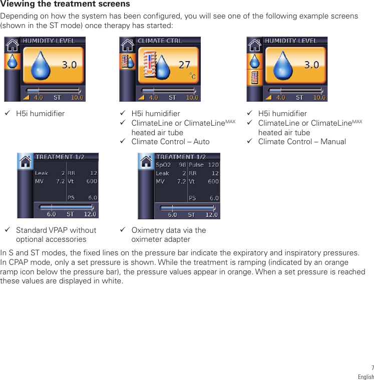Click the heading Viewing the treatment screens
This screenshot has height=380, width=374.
(x=65, y=5)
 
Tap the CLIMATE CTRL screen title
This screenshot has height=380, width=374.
(x=160, y=41)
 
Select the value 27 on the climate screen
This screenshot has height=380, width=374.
(x=184, y=65)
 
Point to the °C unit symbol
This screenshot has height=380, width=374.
(x=192, y=76)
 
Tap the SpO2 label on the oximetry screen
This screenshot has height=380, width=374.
(x=163, y=165)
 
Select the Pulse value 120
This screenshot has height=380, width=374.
(x=213, y=165)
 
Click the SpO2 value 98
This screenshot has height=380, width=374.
(x=182, y=165)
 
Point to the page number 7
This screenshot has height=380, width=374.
(x=372, y=368)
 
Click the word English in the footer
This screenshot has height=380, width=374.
(x=365, y=376)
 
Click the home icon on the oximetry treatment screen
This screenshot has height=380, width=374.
(x=146, y=161)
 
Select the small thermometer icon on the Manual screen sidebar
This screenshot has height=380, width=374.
(x=255, y=78)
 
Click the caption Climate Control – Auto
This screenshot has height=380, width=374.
(x=170, y=142)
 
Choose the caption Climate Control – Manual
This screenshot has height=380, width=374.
(x=302, y=142)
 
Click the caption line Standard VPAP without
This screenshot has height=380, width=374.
(x=56, y=230)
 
